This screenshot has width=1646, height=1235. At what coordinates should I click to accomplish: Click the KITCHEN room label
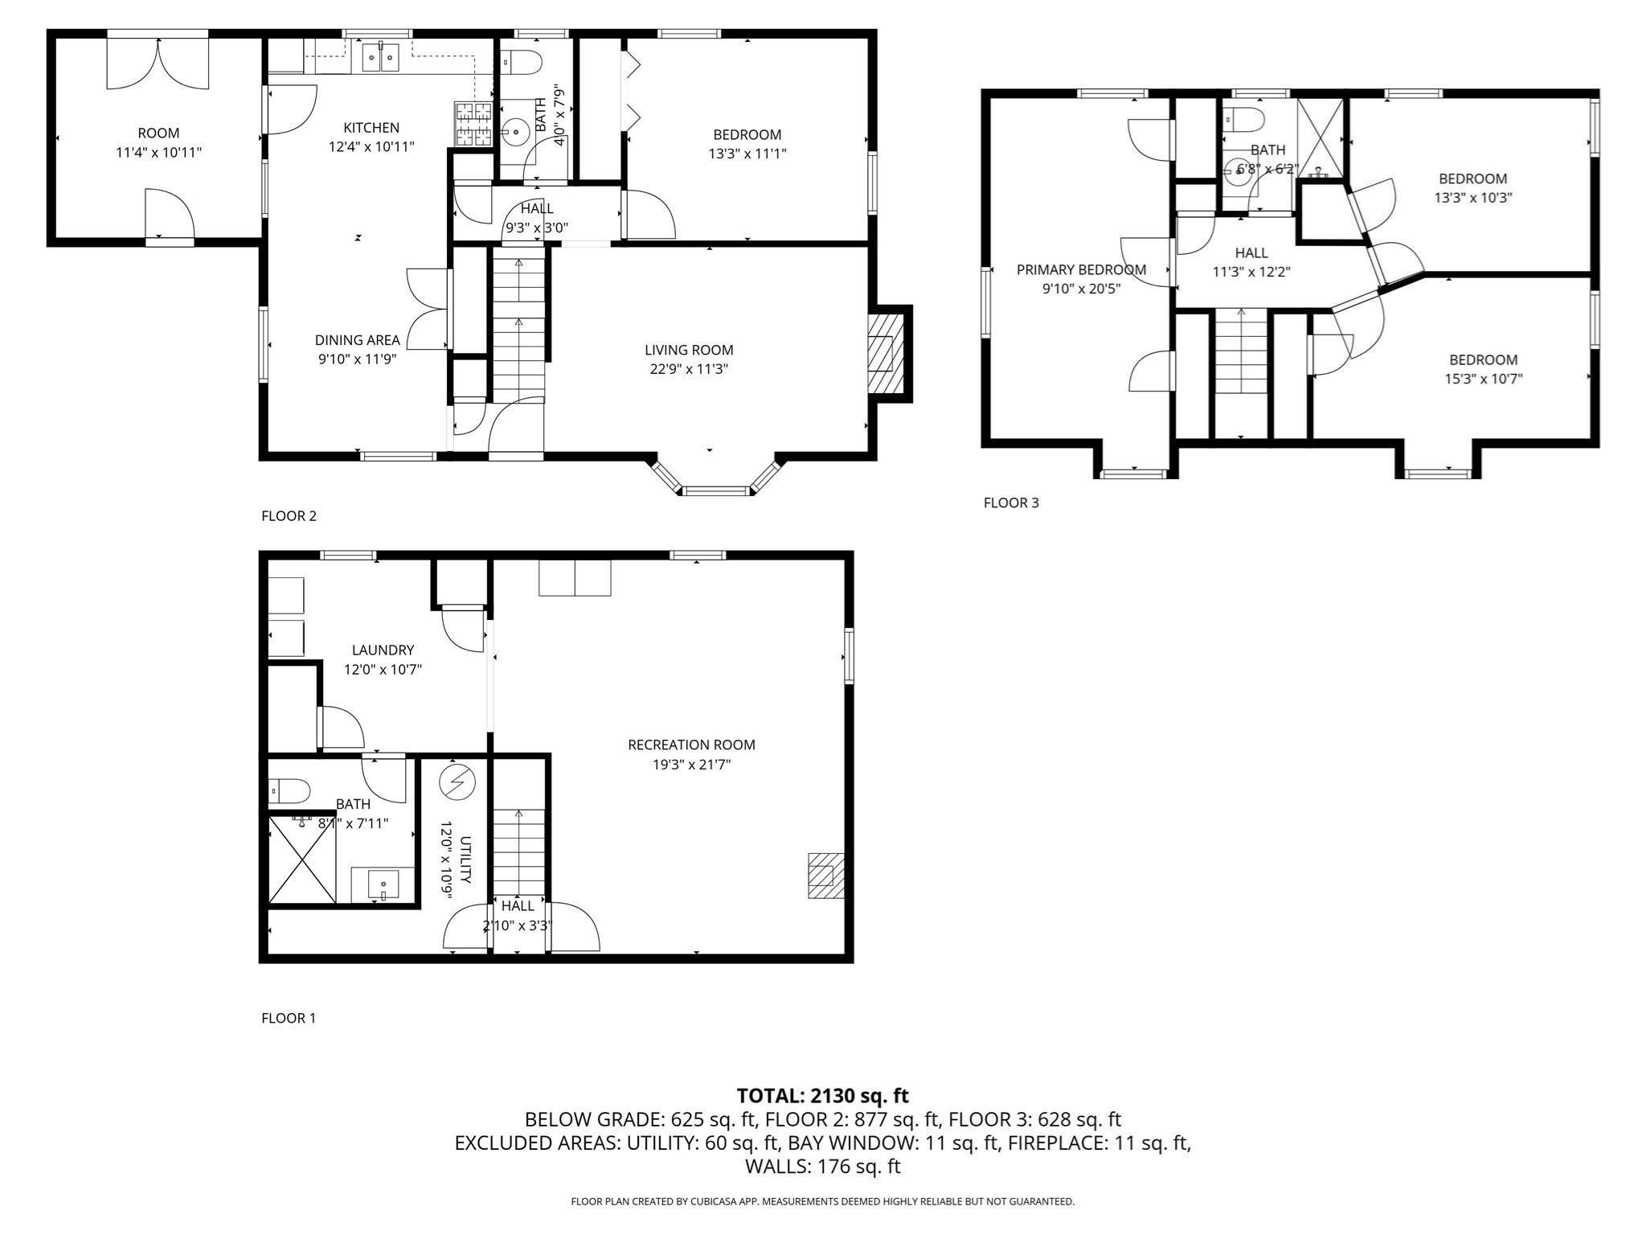[x=371, y=128]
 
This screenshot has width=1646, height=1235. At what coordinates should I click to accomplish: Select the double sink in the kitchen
[x=380, y=57]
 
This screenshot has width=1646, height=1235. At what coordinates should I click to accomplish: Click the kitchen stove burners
[x=473, y=124]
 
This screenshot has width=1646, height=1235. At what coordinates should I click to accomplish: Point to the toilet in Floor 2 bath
[x=522, y=63]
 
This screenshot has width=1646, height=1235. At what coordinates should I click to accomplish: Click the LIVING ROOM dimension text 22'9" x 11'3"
[x=689, y=369]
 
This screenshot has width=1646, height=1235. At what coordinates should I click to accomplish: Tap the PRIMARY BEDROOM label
[x=1081, y=269]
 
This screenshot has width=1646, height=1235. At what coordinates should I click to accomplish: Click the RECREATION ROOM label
[x=691, y=745]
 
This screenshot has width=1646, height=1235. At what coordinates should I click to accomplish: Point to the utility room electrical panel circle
[x=457, y=782]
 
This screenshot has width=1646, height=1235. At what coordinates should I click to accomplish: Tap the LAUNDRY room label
[x=383, y=650]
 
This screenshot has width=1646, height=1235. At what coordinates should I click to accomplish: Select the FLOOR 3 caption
[x=1010, y=503]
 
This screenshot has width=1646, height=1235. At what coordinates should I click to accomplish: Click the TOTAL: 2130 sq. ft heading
[x=822, y=1095]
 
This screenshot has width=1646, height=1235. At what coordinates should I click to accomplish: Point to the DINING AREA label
[x=357, y=340]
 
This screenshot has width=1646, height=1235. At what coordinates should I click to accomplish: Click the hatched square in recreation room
[x=825, y=876]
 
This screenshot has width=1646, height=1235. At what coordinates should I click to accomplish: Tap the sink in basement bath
[x=383, y=885]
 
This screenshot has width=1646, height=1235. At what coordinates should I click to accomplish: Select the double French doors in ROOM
[x=158, y=64]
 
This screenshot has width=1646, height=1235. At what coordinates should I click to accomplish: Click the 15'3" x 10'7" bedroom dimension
[x=1483, y=379]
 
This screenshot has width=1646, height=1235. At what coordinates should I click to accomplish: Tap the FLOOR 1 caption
[x=289, y=1018]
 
